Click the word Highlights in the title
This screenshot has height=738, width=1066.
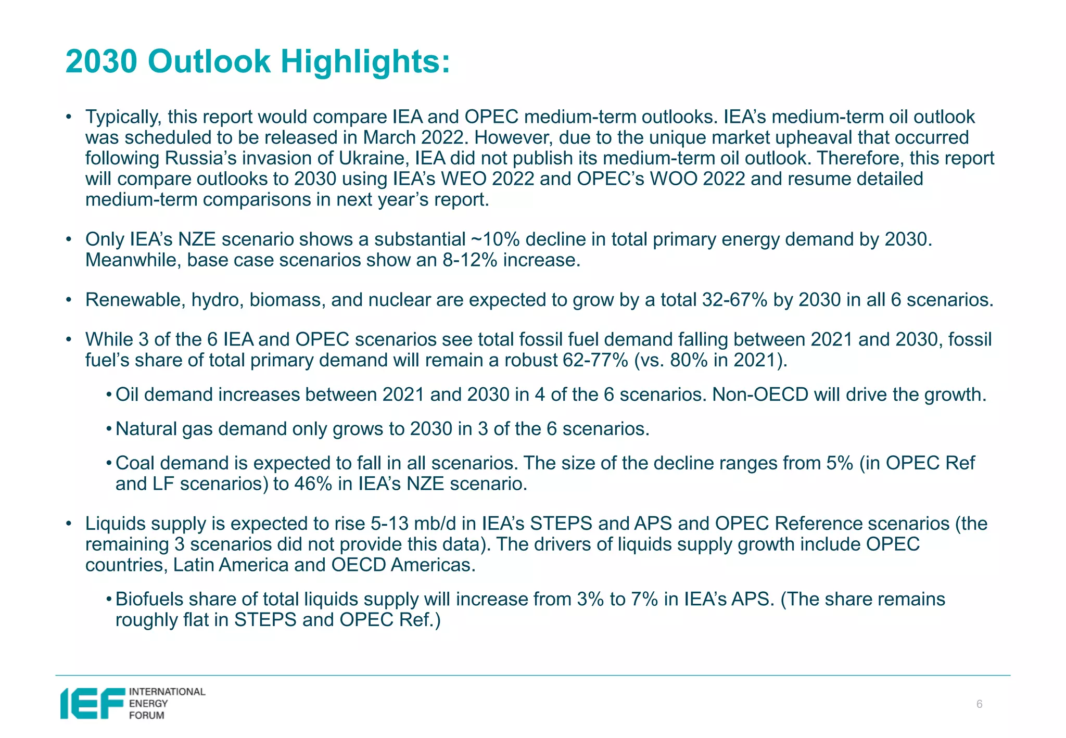(x=365, y=61)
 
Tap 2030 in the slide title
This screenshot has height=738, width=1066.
(x=101, y=61)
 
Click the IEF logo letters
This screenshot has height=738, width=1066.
(x=93, y=704)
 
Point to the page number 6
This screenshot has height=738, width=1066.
(x=979, y=705)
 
